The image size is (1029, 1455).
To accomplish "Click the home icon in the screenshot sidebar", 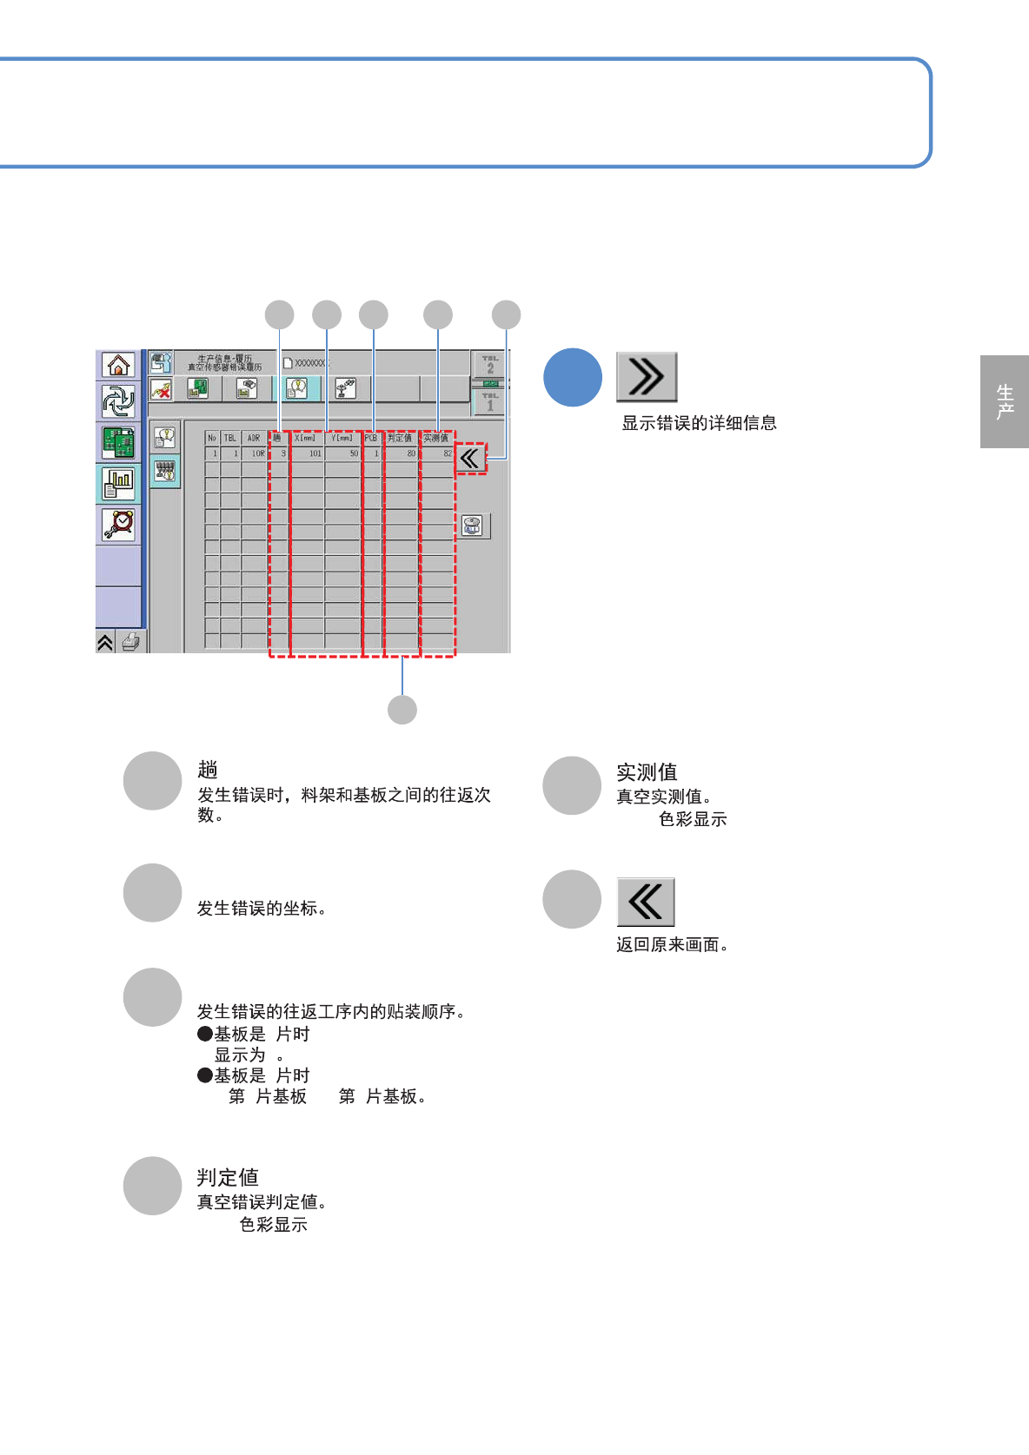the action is point(118,365).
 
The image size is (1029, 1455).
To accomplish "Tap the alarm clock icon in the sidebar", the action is point(118,524).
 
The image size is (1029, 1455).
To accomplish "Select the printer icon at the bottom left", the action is point(130,643).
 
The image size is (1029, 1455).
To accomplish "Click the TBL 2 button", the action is point(490,364).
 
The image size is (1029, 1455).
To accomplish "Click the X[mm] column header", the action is point(306,438).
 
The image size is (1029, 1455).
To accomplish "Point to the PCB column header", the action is point(371,438).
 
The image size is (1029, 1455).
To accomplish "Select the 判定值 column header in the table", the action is point(400,438).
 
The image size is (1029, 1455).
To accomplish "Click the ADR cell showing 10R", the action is point(256,453).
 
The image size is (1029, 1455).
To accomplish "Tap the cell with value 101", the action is point(309,453).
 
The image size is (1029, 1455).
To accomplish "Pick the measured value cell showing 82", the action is point(438,453).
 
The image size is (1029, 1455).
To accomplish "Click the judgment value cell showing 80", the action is point(402,453).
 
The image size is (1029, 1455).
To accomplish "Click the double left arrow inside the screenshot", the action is point(470,458).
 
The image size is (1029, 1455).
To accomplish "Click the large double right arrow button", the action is point(647,377).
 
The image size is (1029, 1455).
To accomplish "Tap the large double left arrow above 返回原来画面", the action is point(646,902).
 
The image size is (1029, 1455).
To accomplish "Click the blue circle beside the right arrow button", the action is point(573,378).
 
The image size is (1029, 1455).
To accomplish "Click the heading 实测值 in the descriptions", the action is point(647,771).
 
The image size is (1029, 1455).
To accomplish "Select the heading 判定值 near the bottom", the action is point(228,1177).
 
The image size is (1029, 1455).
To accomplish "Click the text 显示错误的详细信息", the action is point(699,423).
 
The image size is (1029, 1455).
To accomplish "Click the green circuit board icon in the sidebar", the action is point(118,443).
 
